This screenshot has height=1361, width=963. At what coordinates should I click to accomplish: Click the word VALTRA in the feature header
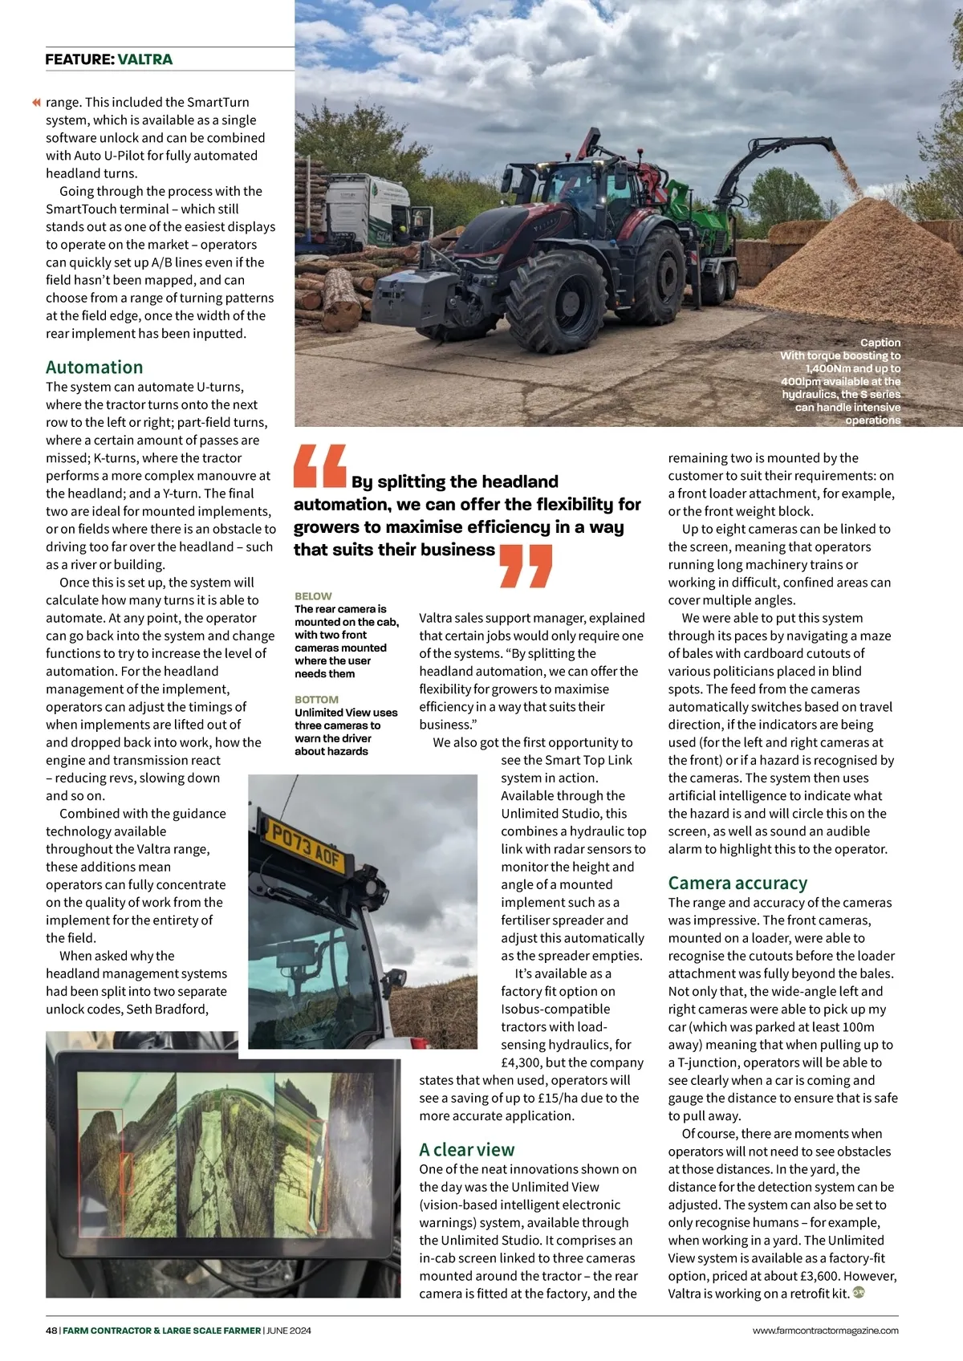click(x=144, y=59)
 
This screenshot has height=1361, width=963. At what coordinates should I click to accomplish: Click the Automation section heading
click(x=94, y=368)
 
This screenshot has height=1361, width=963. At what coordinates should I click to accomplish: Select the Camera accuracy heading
click(x=737, y=884)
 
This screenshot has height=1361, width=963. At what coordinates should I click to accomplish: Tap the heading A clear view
click(x=466, y=1150)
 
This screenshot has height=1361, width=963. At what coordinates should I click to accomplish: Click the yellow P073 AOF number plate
click(x=307, y=845)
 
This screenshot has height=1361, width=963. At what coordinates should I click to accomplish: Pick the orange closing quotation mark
click(x=526, y=565)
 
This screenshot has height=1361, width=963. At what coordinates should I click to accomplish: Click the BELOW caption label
click(x=313, y=596)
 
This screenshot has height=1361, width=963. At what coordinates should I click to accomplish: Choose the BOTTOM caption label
click(x=316, y=700)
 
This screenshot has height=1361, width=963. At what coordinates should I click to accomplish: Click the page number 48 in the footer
click(x=51, y=1331)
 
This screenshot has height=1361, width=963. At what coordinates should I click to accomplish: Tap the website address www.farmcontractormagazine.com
click(x=825, y=1331)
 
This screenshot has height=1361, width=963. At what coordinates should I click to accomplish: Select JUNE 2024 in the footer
click(x=289, y=1331)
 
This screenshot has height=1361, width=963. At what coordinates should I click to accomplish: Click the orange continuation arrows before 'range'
click(x=35, y=103)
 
